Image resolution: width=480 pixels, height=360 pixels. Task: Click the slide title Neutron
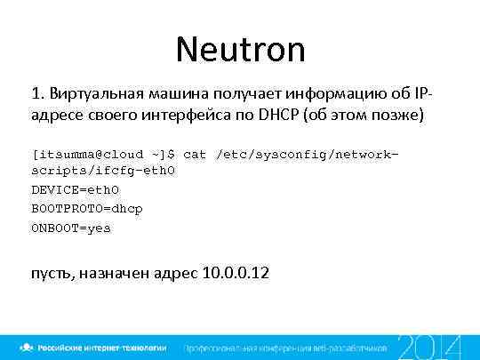(240, 50)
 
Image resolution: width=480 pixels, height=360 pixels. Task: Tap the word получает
(243, 95)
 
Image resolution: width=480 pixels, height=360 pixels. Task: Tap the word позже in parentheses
(397, 116)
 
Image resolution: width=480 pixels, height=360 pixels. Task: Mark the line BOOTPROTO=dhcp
(86, 208)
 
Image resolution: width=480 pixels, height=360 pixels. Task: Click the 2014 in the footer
(429, 347)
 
